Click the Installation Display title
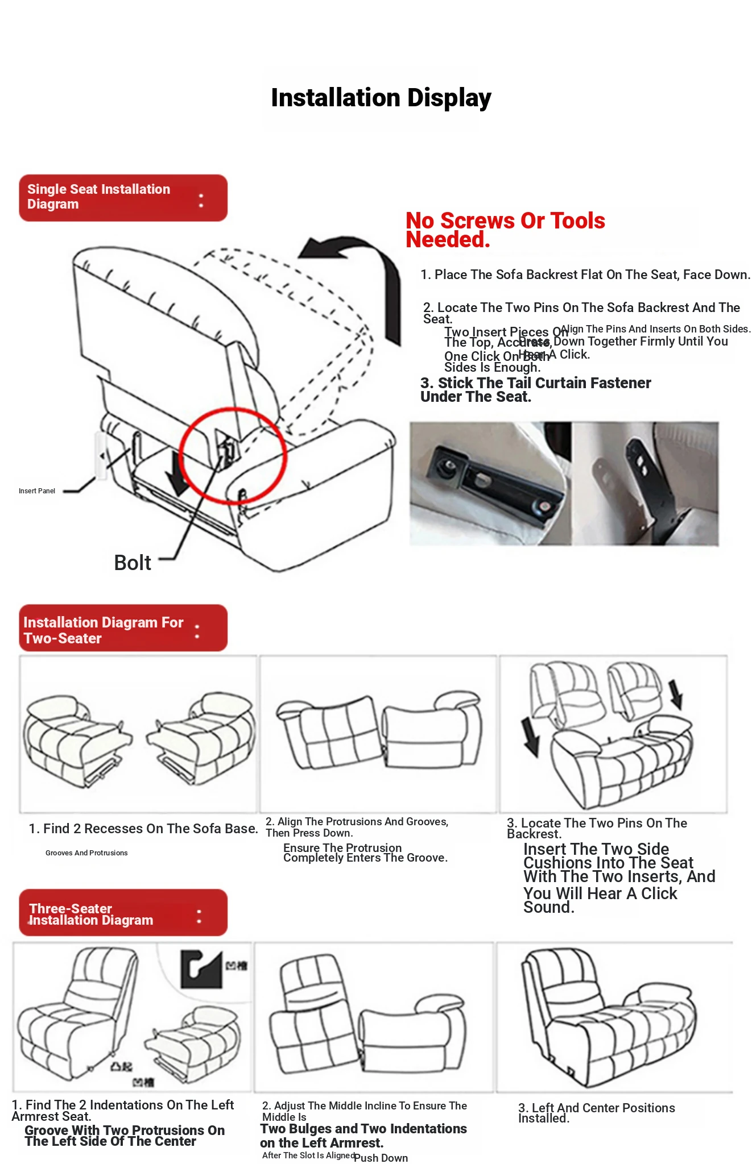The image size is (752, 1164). pos(381,98)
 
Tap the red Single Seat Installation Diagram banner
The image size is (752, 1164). pos(123,198)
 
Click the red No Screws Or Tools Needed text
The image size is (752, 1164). pos(505,230)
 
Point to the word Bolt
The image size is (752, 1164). pos(132,563)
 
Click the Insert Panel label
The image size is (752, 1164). pos(37,491)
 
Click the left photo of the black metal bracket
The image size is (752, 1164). pos(490,484)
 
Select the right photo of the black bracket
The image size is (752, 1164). pos(645,484)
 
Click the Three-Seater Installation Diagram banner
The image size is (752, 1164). pos(123,913)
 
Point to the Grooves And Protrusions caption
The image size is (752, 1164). pos(86,853)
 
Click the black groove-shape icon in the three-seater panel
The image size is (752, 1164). pos(200,968)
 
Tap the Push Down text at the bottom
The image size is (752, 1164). pos(381,1158)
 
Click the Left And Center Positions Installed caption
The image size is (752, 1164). pos(596,1112)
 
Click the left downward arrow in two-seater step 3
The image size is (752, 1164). pos(531,737)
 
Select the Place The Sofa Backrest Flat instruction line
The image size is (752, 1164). pos(585,275)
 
